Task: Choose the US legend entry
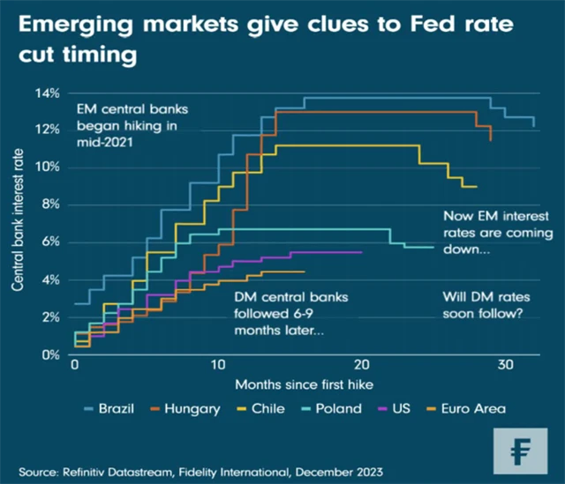point(397,408)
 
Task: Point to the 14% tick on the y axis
point(48,93)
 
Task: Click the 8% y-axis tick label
point(50,205)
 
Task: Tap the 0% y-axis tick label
point(50,354)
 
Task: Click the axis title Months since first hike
point(290,385)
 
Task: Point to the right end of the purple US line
point(361,252)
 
